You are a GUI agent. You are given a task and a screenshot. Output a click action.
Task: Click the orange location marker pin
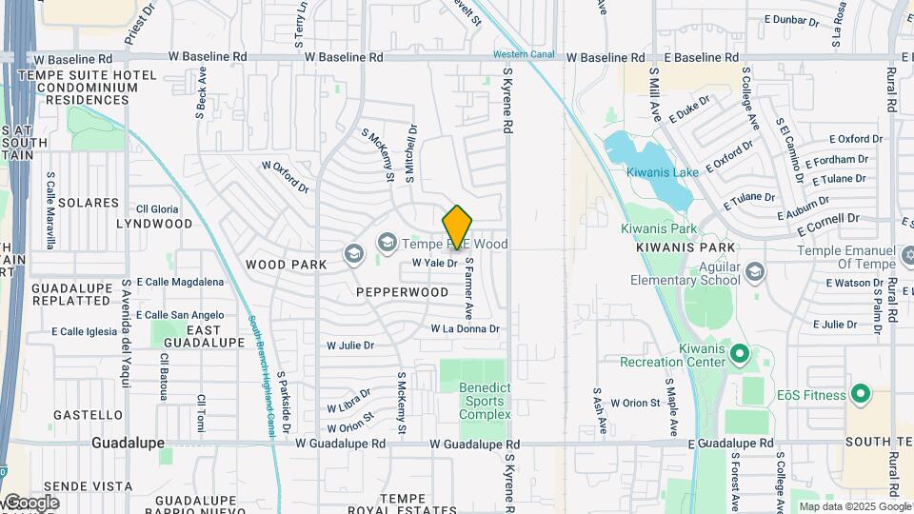[x=458, y=227]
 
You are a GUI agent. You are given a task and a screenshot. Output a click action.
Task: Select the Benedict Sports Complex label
[x=485, y=401]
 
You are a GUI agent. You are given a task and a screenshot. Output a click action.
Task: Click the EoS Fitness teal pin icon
[x=861, y=393]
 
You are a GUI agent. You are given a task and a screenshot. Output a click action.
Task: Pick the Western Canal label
[x=524, y=54]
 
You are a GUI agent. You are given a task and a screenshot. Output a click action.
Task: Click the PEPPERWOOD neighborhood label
[x=403, y=292]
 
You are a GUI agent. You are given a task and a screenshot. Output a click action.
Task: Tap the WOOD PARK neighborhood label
[x=280, y=264]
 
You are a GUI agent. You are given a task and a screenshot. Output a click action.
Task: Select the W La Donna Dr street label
[x=465, y=329]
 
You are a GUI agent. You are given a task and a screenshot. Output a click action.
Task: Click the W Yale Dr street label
[x=434, y=263]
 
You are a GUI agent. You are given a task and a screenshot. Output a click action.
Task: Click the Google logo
[x=30, y=503]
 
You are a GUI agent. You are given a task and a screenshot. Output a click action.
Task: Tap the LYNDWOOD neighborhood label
[x=154, y=224]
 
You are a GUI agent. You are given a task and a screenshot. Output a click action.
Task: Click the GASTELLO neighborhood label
[x=88, y=415]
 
